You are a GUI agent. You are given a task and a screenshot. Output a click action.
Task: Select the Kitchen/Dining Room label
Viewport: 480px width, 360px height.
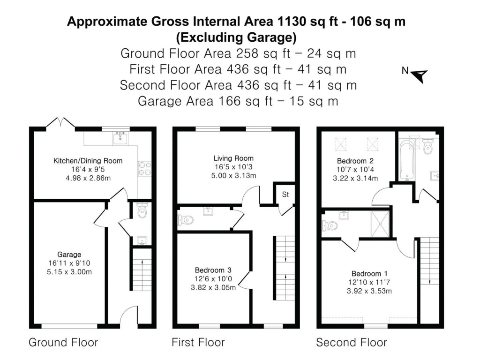click(88, 161)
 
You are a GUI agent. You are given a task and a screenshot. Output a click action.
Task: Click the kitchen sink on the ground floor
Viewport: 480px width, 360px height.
click(120, 137)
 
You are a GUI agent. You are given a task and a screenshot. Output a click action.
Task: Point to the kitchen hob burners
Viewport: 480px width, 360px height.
click(143, 169)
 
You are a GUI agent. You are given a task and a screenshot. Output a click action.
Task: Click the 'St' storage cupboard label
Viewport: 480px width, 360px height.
click(285, 195)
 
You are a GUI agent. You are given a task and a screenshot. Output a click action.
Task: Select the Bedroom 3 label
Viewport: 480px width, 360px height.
click(213, 270)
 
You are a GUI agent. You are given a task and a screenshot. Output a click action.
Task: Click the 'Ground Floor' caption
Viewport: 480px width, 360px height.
click(63, 342)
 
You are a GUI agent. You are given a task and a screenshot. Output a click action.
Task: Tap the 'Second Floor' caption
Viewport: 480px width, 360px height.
click(351, 342)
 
